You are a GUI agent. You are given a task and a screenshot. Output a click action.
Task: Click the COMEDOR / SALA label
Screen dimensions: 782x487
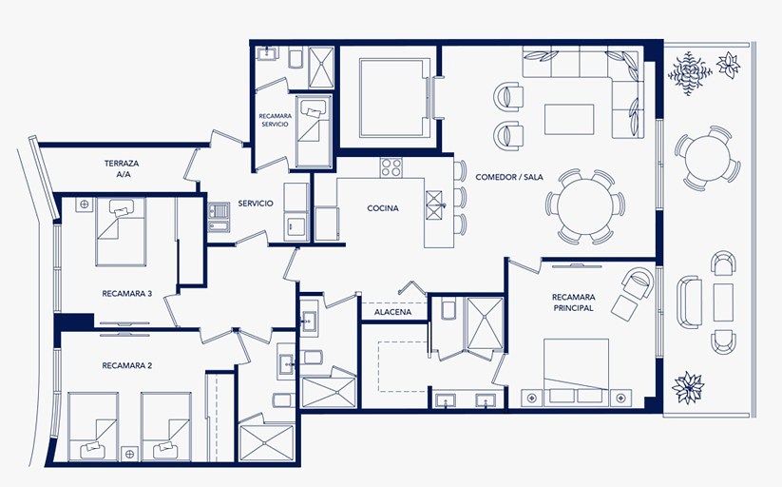(x=509, y=177)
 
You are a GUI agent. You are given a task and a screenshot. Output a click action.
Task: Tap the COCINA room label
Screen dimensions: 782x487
(x=383, y=208)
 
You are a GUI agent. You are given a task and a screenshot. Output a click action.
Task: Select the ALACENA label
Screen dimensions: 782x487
(x=393, y=312)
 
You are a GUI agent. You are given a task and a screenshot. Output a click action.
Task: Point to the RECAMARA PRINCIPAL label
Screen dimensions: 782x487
(x=574, y=302)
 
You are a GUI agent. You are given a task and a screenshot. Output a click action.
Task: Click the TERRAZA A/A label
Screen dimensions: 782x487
(x=122, y=168)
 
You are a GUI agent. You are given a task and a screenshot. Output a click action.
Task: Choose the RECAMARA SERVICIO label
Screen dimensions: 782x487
(x=276, y=120)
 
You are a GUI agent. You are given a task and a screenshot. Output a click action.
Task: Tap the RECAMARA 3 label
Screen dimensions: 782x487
(x=127, y=294)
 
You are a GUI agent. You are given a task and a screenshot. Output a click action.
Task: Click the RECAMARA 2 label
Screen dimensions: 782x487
(x=127, y=365)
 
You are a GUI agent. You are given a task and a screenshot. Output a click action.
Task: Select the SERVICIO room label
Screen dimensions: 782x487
(x=256, y=204)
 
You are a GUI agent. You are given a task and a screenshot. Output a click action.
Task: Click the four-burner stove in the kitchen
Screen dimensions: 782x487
(x=391, y=167)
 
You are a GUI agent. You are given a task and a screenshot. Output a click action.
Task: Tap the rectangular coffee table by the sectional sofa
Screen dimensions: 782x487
(x=569, y=120)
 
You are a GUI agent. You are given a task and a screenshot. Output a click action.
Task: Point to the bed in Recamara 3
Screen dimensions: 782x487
(x=121, y=232)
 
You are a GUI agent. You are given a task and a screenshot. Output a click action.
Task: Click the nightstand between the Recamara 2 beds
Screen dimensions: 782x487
(x=129, y=454)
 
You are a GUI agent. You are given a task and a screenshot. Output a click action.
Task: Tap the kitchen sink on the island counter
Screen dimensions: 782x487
(x=434, y=205)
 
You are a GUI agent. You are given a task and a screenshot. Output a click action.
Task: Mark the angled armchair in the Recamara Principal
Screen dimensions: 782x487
(x=638, y=282)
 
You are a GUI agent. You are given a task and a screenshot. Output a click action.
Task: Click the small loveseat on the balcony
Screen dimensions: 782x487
(x=689, y=302)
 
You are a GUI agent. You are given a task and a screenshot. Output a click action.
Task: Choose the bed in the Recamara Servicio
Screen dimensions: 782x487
(x=314, y=131)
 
